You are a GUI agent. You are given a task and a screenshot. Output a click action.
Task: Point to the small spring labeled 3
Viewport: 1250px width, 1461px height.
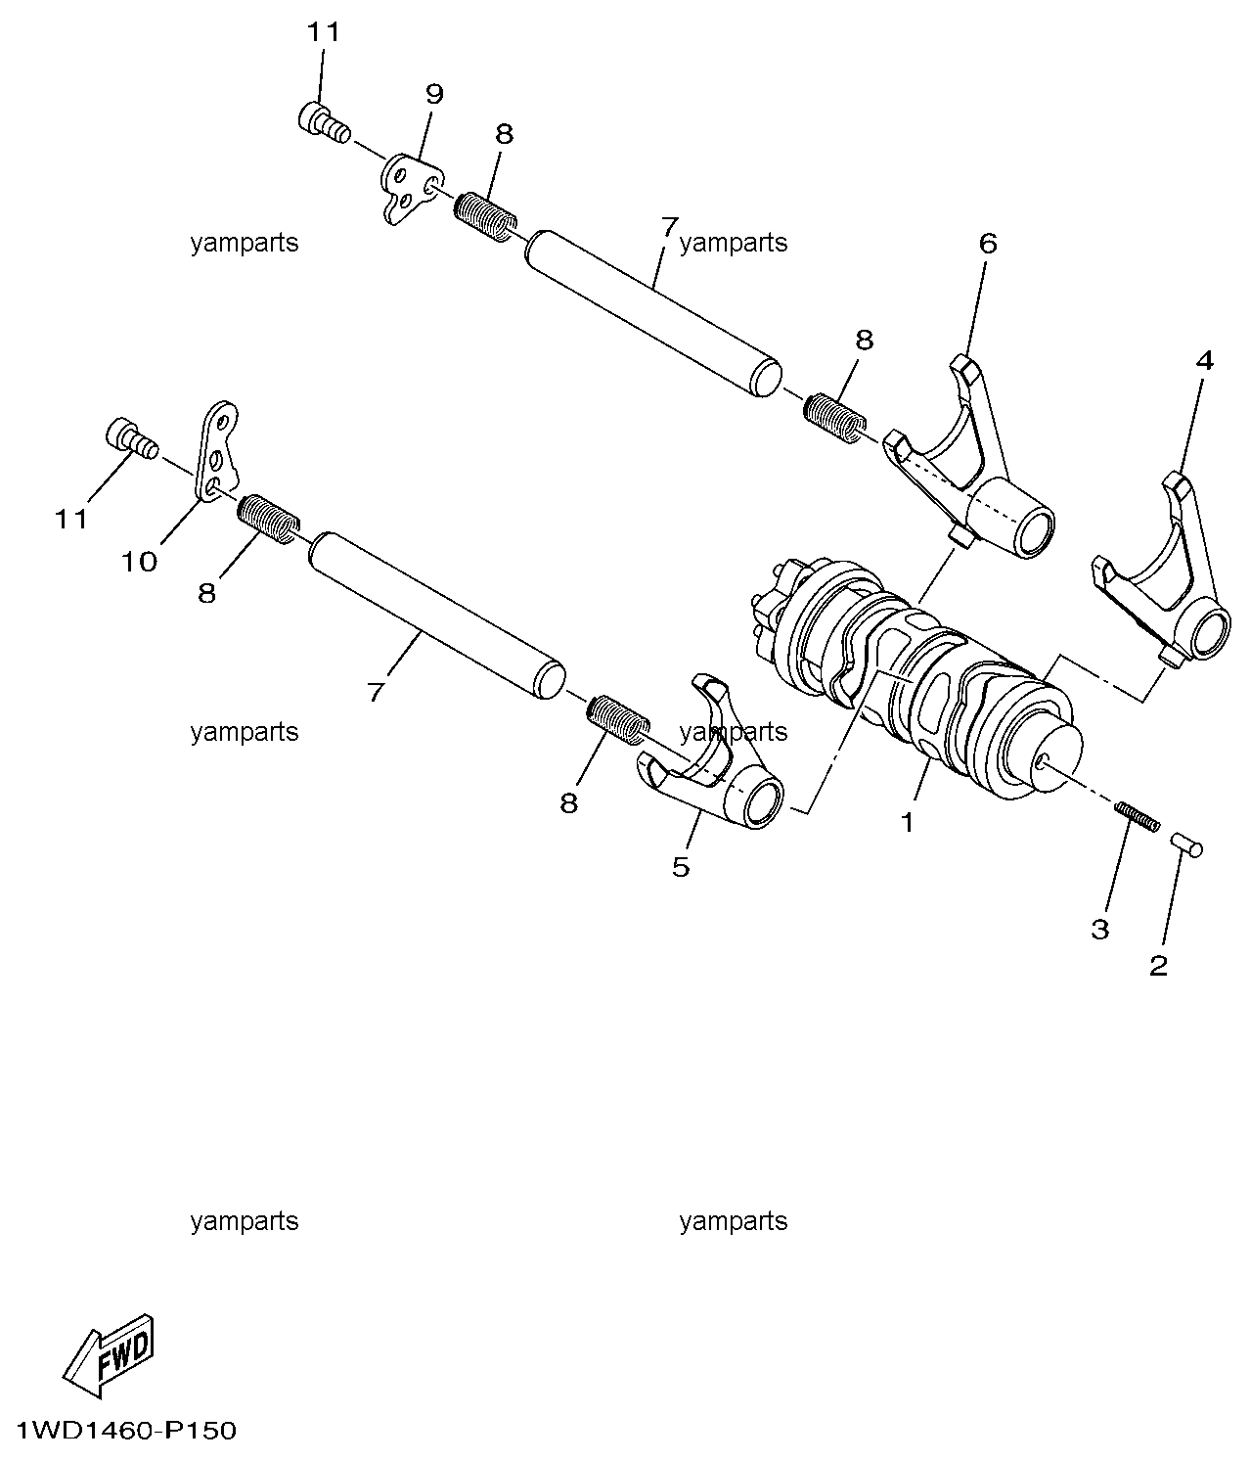click(1137, 816)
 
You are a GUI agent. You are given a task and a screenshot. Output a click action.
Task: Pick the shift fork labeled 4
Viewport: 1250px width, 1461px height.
click(1162, 569)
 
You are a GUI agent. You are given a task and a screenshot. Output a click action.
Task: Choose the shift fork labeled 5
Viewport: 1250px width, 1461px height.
click(710, 753)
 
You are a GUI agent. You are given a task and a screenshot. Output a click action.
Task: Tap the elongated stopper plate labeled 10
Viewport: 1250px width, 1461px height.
click(217, 452)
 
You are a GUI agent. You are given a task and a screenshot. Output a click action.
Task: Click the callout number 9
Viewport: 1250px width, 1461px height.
click(434, 94)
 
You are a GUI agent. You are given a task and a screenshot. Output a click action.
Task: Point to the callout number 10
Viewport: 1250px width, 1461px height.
click(139, 563)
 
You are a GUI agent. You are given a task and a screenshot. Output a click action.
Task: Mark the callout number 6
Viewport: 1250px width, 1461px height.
click(988, 244)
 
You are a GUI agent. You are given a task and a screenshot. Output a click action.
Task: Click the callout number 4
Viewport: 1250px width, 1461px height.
click(1204, 361)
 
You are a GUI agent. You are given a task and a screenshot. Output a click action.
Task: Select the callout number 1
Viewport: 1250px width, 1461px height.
click(907, 822)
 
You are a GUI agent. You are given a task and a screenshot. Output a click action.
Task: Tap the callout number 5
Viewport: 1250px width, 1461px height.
click(681, 867)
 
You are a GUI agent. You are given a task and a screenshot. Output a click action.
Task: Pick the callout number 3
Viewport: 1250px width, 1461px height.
click(1099, 930)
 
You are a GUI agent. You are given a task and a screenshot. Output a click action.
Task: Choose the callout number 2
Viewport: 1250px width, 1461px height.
click(1158, 966)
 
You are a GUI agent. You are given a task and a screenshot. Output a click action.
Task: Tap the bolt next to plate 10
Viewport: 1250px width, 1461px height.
click(132, 438)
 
